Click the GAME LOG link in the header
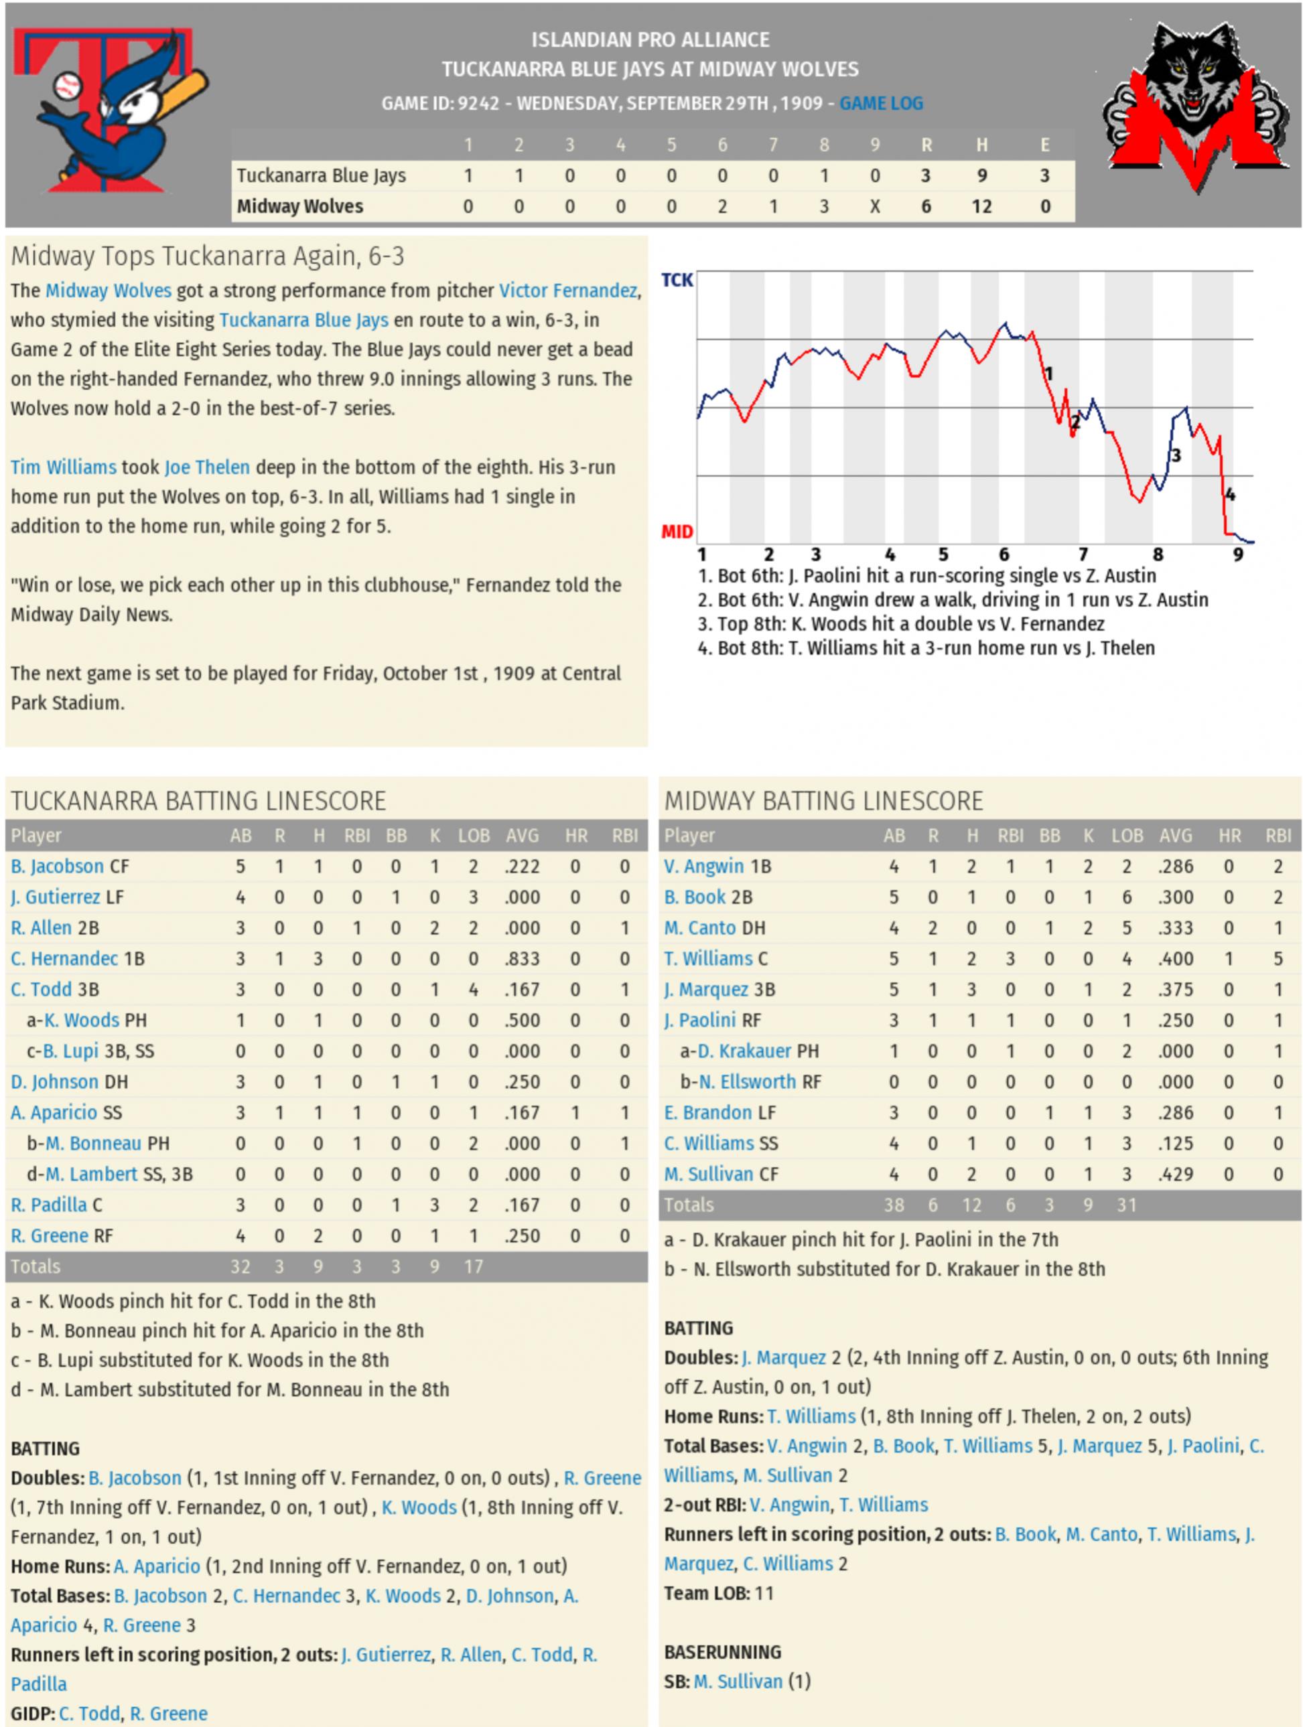pyautogui.click(x=880, y=103)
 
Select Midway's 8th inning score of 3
pyautogui.click(x=823, y=207)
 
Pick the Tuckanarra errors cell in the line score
pyautogui.click(x=1044, y=175)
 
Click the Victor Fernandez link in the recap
pyautogui.click(x=568, y=291)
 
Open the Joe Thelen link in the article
pyautogui.click(x=207, y=467)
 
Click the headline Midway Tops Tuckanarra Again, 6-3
pyautogui.click(x=208, y=256)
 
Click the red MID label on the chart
pyautogui.click(x=677, y=532)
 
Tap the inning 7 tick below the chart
pyautogui.click(x=1083, y=554)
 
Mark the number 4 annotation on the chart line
pyautogui.click(x=1231, y=494)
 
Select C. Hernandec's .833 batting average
pyautogui.click(x=522, y=959)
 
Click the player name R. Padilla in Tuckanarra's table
pyautogui.click(x=48, y=1205)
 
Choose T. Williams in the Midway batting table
pyautogui.click(x=707, y=959)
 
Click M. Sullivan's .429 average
pyautogui.click(x=1175, y=1175)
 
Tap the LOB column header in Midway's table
pyautogui.click(x=1126, y=836)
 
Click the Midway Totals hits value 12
pyautogui.click(x=971, y=1205)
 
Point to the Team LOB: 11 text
pyautogui.click(x=718, y=1592)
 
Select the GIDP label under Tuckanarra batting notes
pyautogui.click(x=31, y=1713)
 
